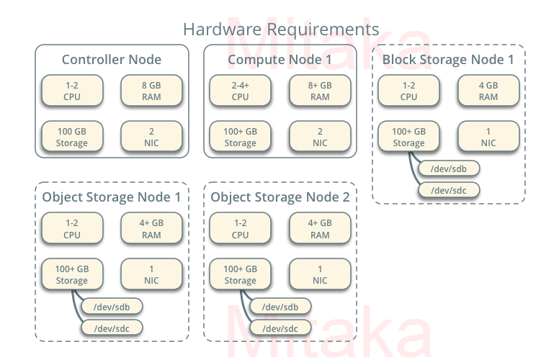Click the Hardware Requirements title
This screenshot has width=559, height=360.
pyautogui.click(x=280, y=30)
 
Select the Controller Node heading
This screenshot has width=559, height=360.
pyautogui.click(x=112, y=60)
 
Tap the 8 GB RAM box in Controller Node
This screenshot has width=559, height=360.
pyautogui.click(x=151, y=91)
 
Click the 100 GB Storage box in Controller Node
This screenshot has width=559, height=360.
pyautogui.click(x=72, y=137)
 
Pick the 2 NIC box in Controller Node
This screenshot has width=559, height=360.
pyautogui.click(x=151, y=137)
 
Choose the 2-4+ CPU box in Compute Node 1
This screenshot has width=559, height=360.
pyautogui.click(x=241, y=91)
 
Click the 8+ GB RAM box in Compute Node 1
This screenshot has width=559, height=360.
pyautogui.click(x=320, y=91)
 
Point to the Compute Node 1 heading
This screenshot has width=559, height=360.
pyautogui.click(x=280, y=60)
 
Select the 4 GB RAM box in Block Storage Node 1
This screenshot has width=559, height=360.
pyautogui.click(x=488, y=91)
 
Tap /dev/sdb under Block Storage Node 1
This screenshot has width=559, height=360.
pyautogui.click(x=449, y=168)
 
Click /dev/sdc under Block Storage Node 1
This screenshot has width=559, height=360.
pyautogui.click(x=449, y=190)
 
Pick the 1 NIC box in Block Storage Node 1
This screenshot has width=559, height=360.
pyautogui.click(x=488, y=137)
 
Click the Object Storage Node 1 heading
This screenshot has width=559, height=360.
pyautogui.click(x=112, y=197)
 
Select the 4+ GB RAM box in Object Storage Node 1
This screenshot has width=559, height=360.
pyautogui.click(x=151, y=228)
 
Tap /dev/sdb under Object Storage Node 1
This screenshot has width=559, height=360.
pyautogui.click(x=112, y=306)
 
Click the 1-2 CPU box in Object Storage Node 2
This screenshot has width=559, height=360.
pyautogui.click(x=241, y=228)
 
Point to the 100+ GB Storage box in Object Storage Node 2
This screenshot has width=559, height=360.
pyautogui.click(x=241, y=274)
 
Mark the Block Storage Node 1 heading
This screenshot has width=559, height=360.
pyautogui.click(x=448, y=60)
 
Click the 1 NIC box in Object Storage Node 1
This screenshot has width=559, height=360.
pyautogui.click(x=151, y=274)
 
